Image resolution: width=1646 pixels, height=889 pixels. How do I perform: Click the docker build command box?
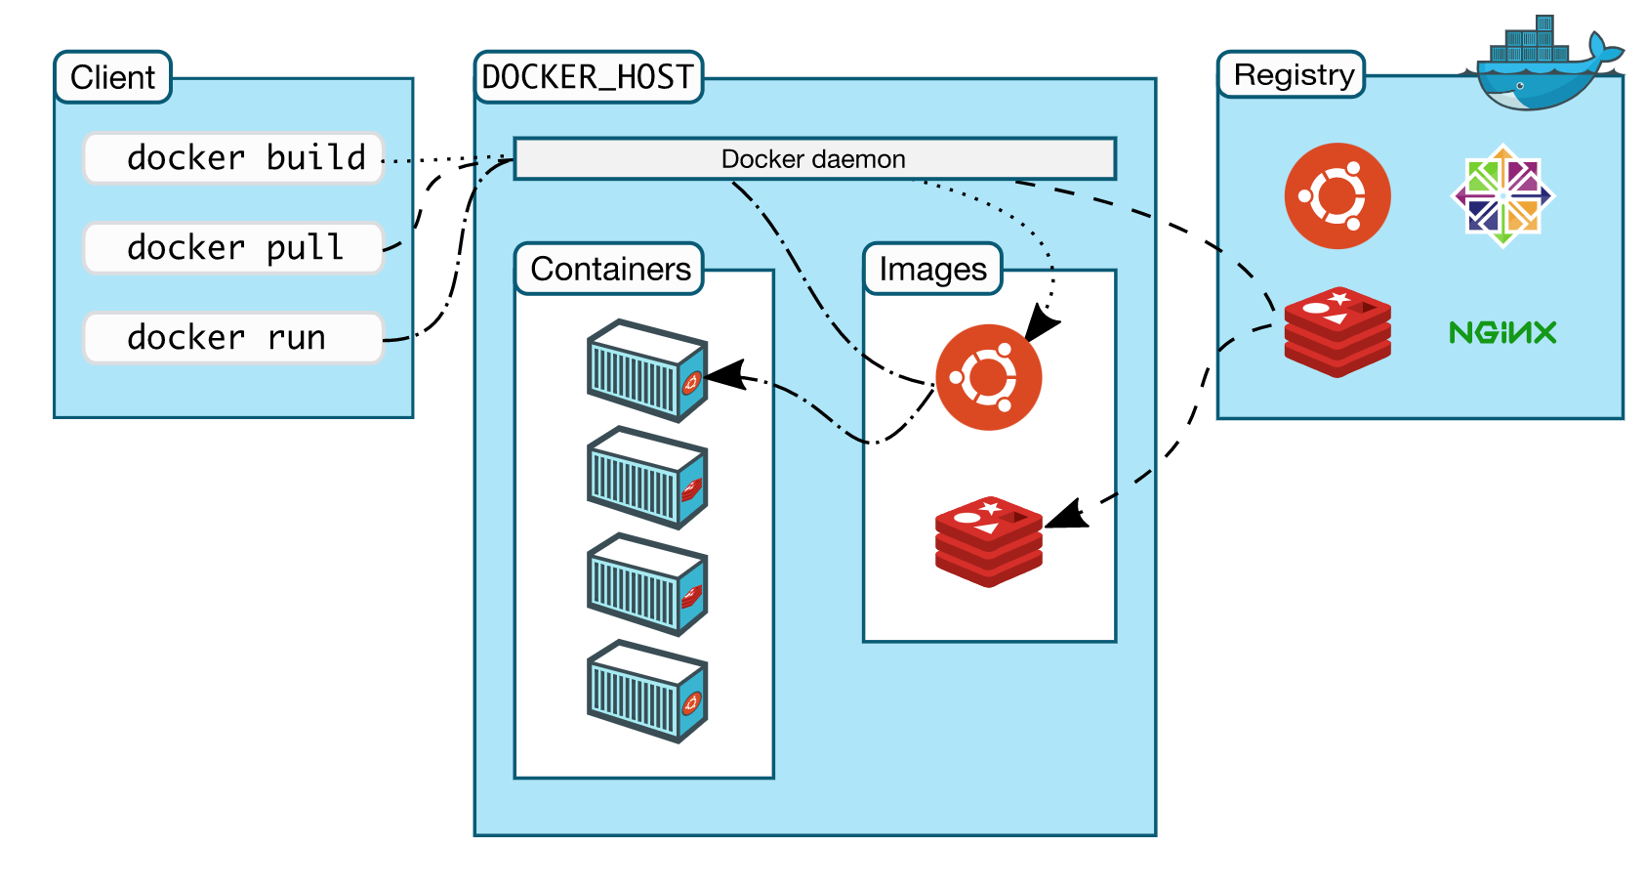pyautogui.click(x=233, y=158)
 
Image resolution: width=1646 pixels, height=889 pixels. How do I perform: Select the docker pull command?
pyautogui.click(x=233, y=248)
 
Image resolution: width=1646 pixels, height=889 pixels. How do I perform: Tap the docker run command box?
pyautogui.click(x=233, y=338)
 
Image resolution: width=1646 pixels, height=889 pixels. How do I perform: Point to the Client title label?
pyautogui.click(x=112, y=77)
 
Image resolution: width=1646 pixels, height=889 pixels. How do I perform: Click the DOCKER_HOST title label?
pyautogui.click(x=588, y=77)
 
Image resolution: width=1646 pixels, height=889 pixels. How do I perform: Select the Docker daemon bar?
pyautogui.click(x=814, y=159)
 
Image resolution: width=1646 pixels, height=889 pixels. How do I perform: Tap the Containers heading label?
pyautogui.click(x=609, y=269)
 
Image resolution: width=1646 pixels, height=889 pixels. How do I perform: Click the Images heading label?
pyautogui.click(x=932, y=269)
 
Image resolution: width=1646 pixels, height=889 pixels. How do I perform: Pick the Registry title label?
pyautogui.click(x=1293, y=75)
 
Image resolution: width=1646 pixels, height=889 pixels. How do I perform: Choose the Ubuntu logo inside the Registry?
pyautogui.click(x=1337, y=195)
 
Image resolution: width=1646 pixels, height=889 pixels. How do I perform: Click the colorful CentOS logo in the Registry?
pyautogui.click(x=1503, y=195)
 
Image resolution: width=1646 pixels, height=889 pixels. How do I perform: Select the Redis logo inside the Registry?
pyautogui.click(x=1337, y=332)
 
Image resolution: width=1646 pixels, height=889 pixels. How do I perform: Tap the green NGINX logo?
pyautogui.click(x=1502, y=333)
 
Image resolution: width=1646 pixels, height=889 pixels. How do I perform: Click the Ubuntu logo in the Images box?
pyautogui.click(x=988, y=377)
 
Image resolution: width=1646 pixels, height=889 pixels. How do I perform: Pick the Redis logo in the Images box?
pyautogui.click(x=988, y=541)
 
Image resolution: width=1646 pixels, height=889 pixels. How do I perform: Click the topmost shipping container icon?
pyautogui.click(x=646, y=371)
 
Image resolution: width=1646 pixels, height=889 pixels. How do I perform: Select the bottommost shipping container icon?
pyautogui.click(x=646, y=692)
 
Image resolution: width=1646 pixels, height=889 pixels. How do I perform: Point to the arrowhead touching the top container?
pyautogui.click(x=723, y=375)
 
